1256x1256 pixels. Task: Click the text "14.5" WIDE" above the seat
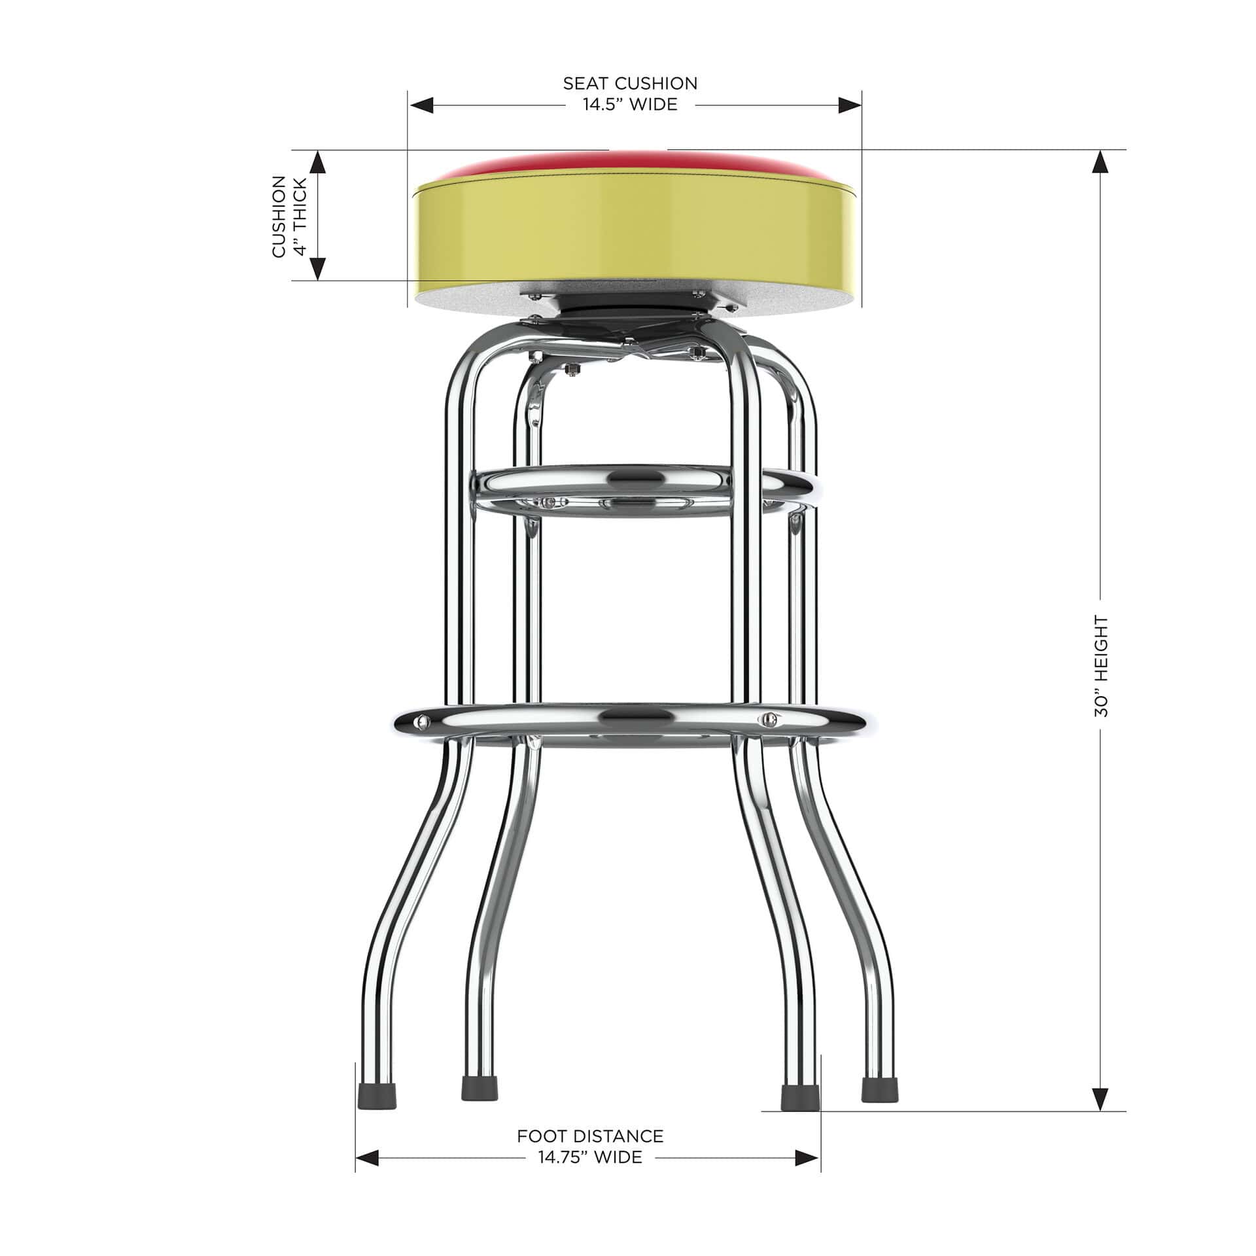pos(630,105)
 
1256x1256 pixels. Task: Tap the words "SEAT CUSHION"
pos(630,84)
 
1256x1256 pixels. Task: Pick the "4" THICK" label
pos(301,216)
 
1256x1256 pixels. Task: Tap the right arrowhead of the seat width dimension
pos(849,105)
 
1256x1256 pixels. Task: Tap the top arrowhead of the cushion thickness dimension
pos(317,162)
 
